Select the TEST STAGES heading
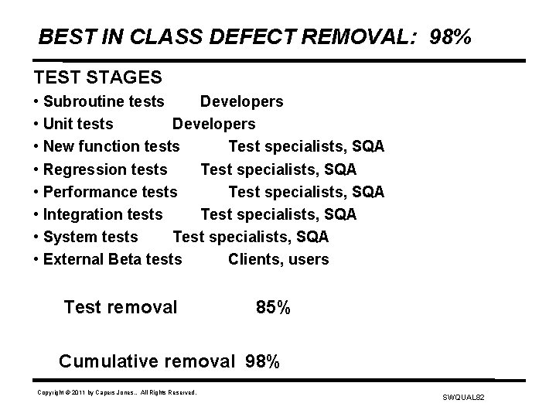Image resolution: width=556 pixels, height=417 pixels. point(97,77)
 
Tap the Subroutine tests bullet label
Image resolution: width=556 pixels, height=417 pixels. point(104,101)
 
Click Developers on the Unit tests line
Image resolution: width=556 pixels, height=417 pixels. point(213,124)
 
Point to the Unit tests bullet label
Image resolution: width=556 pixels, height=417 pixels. point(78,124)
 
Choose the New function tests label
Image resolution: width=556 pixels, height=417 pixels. point(111,146)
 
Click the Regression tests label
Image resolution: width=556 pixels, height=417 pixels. point(105,169)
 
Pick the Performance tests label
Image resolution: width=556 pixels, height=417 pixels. point(111,191)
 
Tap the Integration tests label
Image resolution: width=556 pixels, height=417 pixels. point(103,214)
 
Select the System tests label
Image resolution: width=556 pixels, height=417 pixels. point(90,236)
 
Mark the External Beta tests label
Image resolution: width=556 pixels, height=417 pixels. point(113,259)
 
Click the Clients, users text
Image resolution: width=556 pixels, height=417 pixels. point(278,259)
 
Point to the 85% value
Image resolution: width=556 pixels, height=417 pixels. point(273,308)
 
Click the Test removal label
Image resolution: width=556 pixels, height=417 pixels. point(121,308)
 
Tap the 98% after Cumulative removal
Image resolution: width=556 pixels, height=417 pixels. point(263,361)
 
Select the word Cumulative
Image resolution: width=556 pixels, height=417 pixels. point(107,361)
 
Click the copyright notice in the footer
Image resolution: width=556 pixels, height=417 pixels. point(117,393)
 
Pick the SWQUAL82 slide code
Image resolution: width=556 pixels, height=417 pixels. point(462,396)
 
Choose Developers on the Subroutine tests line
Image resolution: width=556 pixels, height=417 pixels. point(241,101)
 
